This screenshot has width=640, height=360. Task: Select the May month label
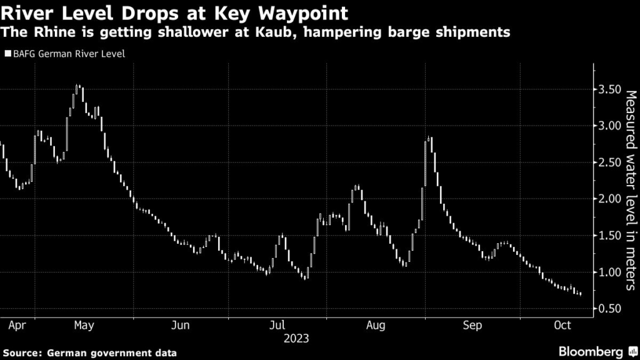[x=84, y=326]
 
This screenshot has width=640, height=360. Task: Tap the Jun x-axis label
[x=180, y=326]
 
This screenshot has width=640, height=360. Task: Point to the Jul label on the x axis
[x=276, y=326]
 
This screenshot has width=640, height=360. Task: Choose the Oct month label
[x=564, y=326]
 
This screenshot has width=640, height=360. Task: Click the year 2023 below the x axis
[x=296, y=339]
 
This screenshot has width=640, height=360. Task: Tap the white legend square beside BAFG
[x=7, y=54]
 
